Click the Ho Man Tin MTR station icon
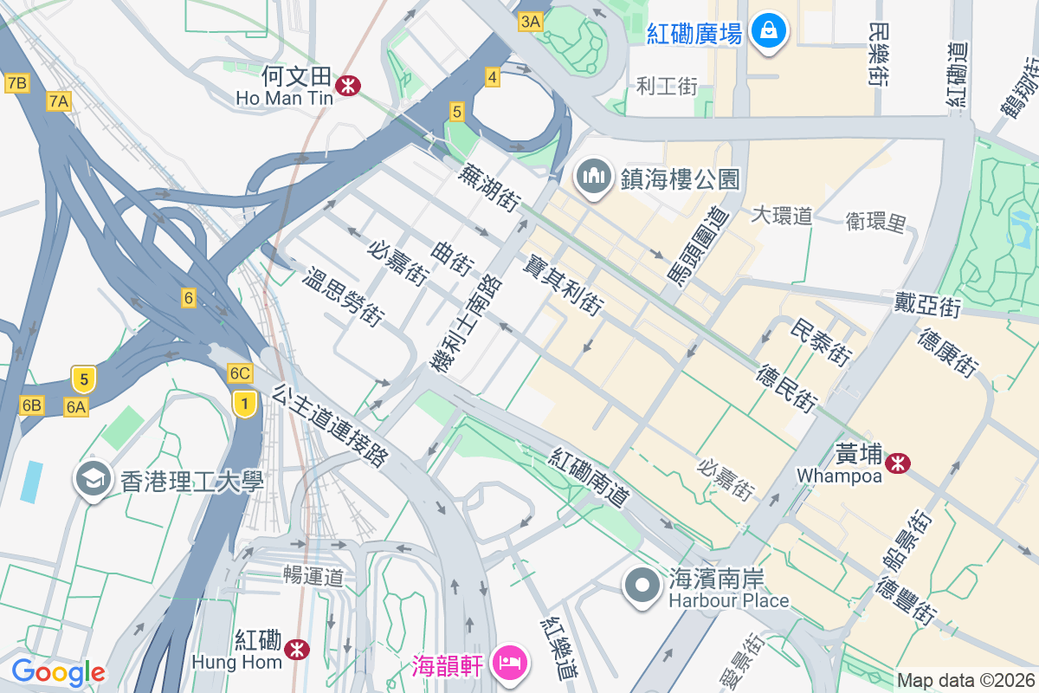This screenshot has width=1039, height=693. (350, 85)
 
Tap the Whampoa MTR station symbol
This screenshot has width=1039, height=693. (898, 463)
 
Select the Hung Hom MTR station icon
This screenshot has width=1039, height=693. (297, 649)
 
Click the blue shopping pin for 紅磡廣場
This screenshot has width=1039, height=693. (767, 32)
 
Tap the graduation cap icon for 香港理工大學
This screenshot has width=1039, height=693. (93, 479)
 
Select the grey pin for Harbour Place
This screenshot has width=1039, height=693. (642, 585)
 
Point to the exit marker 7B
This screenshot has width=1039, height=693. (16, 83)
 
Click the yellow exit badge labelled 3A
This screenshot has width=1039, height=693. (530, 22)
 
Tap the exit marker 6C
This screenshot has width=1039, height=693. (240, 373)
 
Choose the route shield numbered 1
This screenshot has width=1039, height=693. (246, 403)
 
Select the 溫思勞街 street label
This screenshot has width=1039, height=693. (343, 295)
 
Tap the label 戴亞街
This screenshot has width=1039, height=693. (928, 305)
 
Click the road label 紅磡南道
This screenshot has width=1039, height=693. (589, 477)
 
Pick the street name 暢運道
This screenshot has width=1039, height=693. (313, 576)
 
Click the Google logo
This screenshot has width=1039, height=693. (58, 671)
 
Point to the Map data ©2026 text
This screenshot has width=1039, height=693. (965, 681)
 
